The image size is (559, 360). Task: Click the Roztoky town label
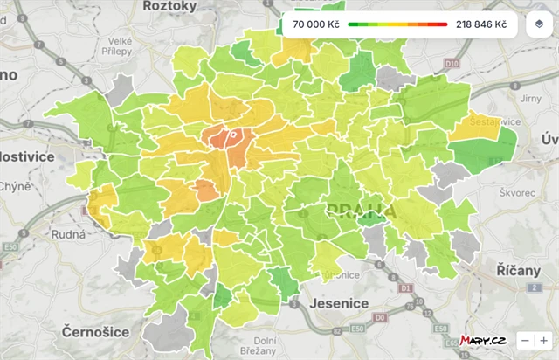[170, 5]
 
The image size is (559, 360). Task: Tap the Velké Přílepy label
[120, 45]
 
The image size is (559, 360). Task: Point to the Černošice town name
[95, 331]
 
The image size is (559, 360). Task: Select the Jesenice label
[340, 303]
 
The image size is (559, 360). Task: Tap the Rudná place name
[69, 234]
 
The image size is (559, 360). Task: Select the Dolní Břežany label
[265, 346]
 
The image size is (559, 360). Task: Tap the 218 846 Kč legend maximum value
[480, 24]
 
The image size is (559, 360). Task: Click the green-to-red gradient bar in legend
[397, 24]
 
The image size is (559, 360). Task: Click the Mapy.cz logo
[484, 340]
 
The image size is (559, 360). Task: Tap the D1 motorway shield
[404, 287]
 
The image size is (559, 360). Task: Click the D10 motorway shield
[451, 64]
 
